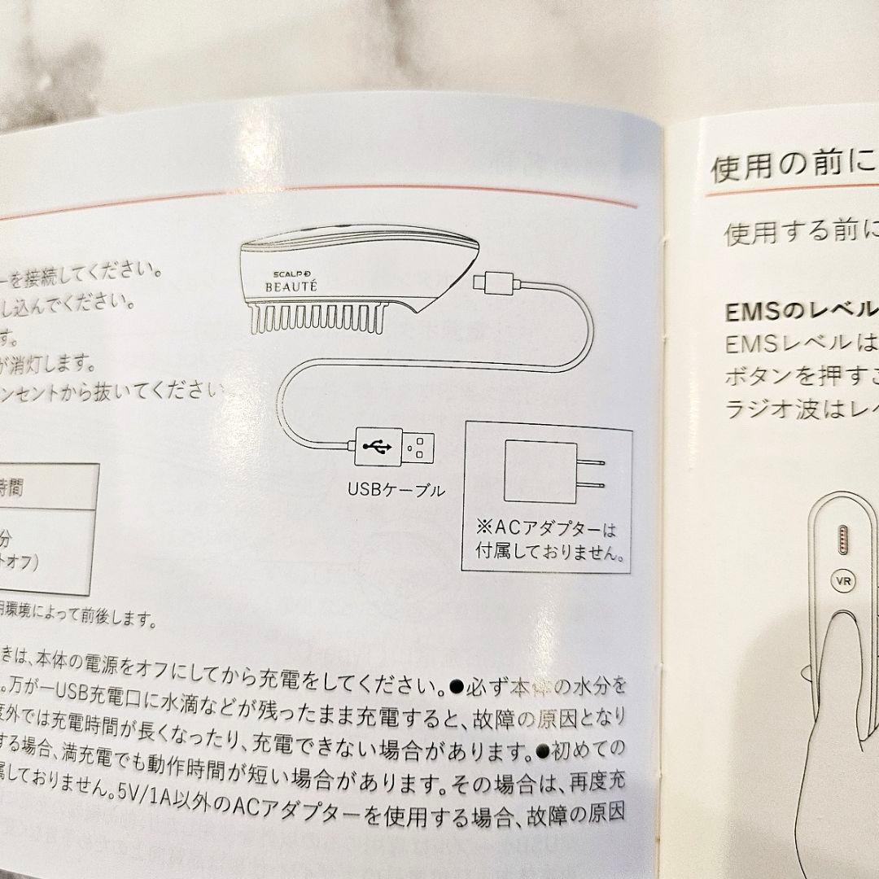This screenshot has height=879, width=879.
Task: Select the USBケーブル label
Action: (396, 490)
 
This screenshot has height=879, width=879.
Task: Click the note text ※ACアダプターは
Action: (546, 530)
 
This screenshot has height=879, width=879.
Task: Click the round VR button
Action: (841, 581)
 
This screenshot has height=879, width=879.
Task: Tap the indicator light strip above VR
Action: (841, 538)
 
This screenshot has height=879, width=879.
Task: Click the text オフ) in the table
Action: (18, 561)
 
